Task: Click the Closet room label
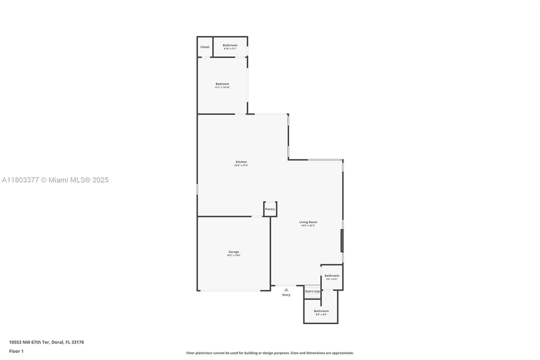point(205,47)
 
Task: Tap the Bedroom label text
point(222,84)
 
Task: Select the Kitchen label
point(241,162)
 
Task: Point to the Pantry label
point(270,209)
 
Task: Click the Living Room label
point(308,222)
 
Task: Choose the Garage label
point(234,252)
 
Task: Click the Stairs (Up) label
point(313,291)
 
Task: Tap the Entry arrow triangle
point(286,289)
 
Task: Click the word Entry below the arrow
point(286,295)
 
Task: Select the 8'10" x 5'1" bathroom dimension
point(230,49)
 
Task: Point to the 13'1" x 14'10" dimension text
point(222,87)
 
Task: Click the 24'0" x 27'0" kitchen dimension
point(241,165)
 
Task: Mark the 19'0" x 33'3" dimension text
point(308,226)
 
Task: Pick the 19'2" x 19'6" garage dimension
point(234,255)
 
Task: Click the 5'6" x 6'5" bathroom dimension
point(332,279)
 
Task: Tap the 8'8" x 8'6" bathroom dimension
point(321,314)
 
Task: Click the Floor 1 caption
point(16,351)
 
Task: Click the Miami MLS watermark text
point(55,180)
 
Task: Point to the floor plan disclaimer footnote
point(270,353)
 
